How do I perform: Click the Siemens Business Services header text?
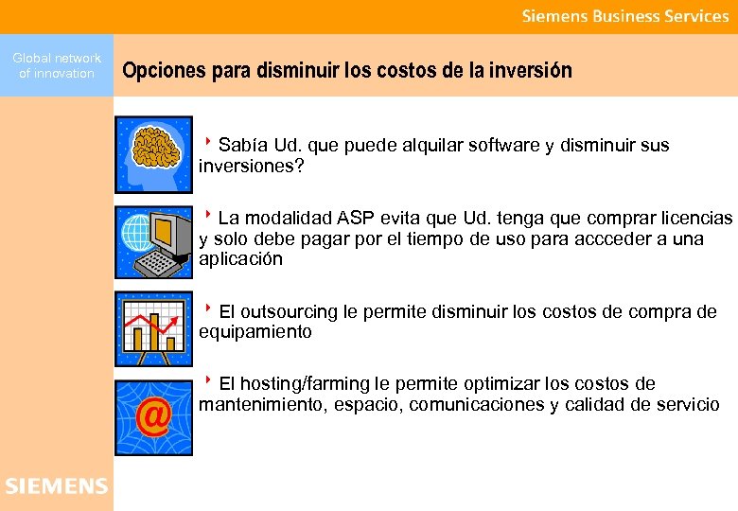625,16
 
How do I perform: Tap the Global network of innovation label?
57,65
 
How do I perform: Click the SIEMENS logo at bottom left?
56,486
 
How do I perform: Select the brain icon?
153,154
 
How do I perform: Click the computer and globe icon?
153,241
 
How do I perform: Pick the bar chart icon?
153,328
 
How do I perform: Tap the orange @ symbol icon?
153,416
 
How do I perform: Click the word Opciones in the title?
158,71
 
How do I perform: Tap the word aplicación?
240,259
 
